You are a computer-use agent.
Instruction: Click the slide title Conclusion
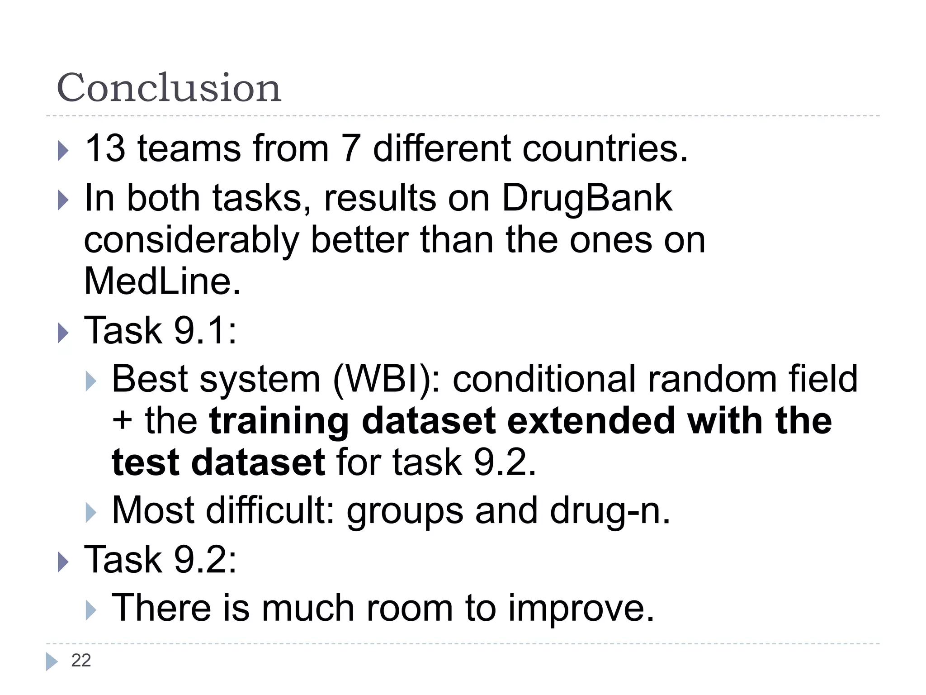coord(169,87)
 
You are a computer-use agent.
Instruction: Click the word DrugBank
coord(587,198)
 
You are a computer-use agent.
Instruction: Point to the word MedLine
coord(162,281)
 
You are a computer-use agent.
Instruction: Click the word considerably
coord(191,240)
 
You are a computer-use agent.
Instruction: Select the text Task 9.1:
coord(160,330)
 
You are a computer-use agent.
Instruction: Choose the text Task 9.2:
coord(160,559)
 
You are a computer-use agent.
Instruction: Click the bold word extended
coord(591,421)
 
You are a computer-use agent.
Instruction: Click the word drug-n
coord(609,511)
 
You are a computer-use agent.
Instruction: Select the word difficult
coord(270,510)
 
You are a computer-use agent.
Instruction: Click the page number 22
coord(81,661)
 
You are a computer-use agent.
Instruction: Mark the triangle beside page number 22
coord(52,662)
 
